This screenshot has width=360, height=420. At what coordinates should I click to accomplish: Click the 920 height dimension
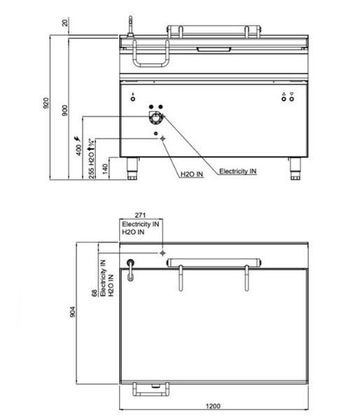click(46, 103)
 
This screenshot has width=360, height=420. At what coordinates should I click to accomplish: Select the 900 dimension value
click(65, 111)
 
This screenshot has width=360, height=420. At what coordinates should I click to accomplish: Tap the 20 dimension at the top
click(65, 22)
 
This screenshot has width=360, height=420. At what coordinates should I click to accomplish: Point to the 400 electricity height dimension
click(78, 150)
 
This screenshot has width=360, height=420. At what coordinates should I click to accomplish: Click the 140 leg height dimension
click(105, 169)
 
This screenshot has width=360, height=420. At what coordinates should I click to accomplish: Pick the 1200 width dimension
click(213, 406)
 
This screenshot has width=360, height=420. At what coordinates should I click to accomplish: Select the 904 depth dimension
click(72, 311)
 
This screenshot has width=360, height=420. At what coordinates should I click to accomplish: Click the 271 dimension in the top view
click(140, 215)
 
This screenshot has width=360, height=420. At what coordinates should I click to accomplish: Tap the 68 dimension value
click(95, 293)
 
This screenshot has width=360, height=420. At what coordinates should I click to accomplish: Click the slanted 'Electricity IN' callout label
click(237, 171)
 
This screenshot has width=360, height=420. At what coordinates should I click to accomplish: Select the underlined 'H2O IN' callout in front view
click(192, 174)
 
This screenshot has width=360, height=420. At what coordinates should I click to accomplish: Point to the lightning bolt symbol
click(77, 139)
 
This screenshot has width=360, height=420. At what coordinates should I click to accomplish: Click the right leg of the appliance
click(295, 169)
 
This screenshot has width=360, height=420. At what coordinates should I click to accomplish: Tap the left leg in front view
click(132, 169)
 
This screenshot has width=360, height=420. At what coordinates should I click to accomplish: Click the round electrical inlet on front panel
click(155, 118)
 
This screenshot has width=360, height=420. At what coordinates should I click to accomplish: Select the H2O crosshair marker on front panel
click(162, 139)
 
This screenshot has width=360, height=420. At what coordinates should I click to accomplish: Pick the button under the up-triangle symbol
click(284, 99)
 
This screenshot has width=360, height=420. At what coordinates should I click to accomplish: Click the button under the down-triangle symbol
click(291, 99)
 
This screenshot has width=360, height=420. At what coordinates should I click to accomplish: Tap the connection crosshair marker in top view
click(162, 253)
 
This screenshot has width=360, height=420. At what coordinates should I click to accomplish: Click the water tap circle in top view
click(130, 262)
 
